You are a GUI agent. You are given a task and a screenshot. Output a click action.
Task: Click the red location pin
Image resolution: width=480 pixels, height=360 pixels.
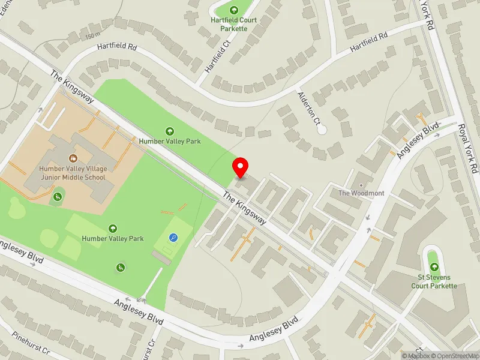click(x=241, y=167)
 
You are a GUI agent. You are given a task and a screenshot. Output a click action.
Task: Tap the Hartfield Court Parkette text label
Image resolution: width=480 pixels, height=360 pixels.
click(x=233, y=23)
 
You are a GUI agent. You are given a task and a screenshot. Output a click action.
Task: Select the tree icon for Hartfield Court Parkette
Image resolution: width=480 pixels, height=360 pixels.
click(x=234, y=9)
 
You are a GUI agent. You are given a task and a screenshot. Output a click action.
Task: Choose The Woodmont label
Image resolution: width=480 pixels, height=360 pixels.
click(x=361, y=193)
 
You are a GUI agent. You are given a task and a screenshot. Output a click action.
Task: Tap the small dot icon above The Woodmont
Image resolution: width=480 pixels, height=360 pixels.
click(x=361, y=184)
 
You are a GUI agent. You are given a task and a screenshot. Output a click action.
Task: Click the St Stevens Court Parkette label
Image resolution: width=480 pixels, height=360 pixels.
click(x=434, y=281)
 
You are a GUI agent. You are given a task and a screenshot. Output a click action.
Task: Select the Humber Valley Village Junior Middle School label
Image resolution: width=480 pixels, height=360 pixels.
click(x=73, y=173)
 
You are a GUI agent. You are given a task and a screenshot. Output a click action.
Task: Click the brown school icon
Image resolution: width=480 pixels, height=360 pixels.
click(x=73, y=158)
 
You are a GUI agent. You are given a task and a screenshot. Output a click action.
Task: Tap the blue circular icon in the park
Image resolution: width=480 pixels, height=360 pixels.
click(x=173, y=238)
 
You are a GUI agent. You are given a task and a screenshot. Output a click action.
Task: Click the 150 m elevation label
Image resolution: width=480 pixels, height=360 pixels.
click(x=92, y=36)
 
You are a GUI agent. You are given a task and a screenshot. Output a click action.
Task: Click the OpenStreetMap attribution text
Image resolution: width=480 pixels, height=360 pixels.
click(x=454, y=355)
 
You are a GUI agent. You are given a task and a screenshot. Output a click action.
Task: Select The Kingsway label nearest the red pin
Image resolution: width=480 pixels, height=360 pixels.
click(x=245, y=208)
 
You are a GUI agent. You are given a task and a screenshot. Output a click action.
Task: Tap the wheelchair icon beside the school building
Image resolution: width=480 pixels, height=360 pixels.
click(x=58, y=197)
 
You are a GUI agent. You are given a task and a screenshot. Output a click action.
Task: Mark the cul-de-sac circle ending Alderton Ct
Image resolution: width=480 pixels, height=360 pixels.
click(x=322, y=129)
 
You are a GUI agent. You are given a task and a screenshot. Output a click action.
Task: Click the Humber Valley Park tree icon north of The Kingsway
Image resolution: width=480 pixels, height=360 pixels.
click(x=170, y=131)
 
